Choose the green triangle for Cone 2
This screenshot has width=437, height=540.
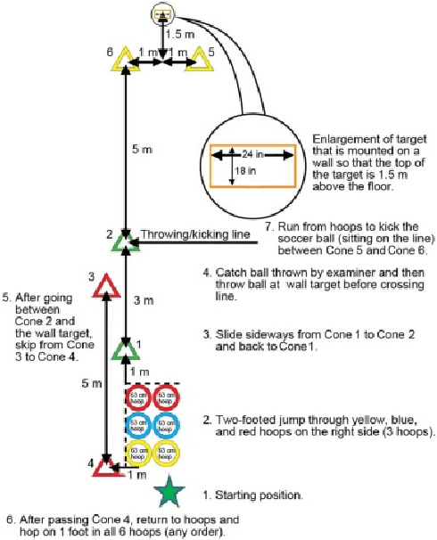coord(123,240)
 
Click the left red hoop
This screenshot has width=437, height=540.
coord(136,397)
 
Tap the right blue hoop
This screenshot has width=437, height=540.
coord(165,425)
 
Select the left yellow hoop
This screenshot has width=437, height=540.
coord(136,454)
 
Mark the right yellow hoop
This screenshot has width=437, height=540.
coord(165,454)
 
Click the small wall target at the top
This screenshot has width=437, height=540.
coord(161,14)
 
